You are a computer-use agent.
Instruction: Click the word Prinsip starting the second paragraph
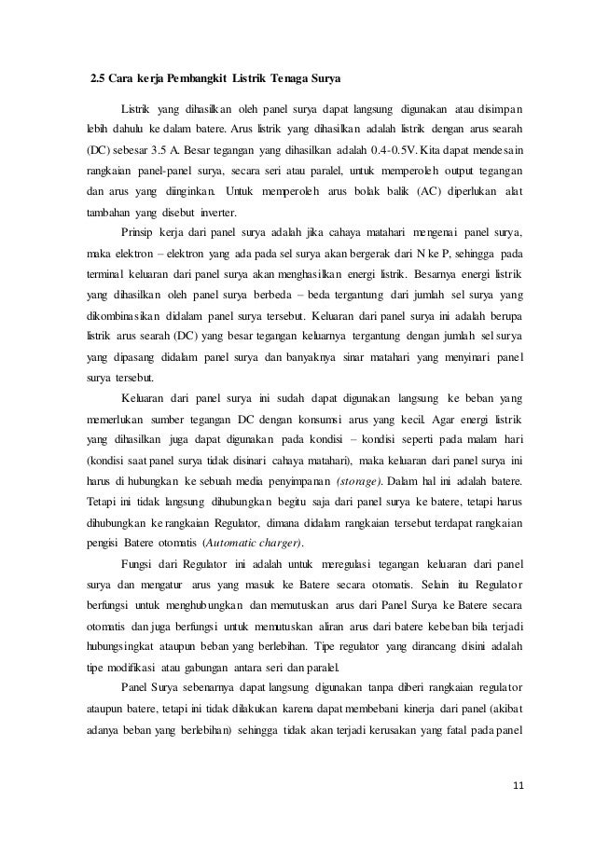pos(141,231)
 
